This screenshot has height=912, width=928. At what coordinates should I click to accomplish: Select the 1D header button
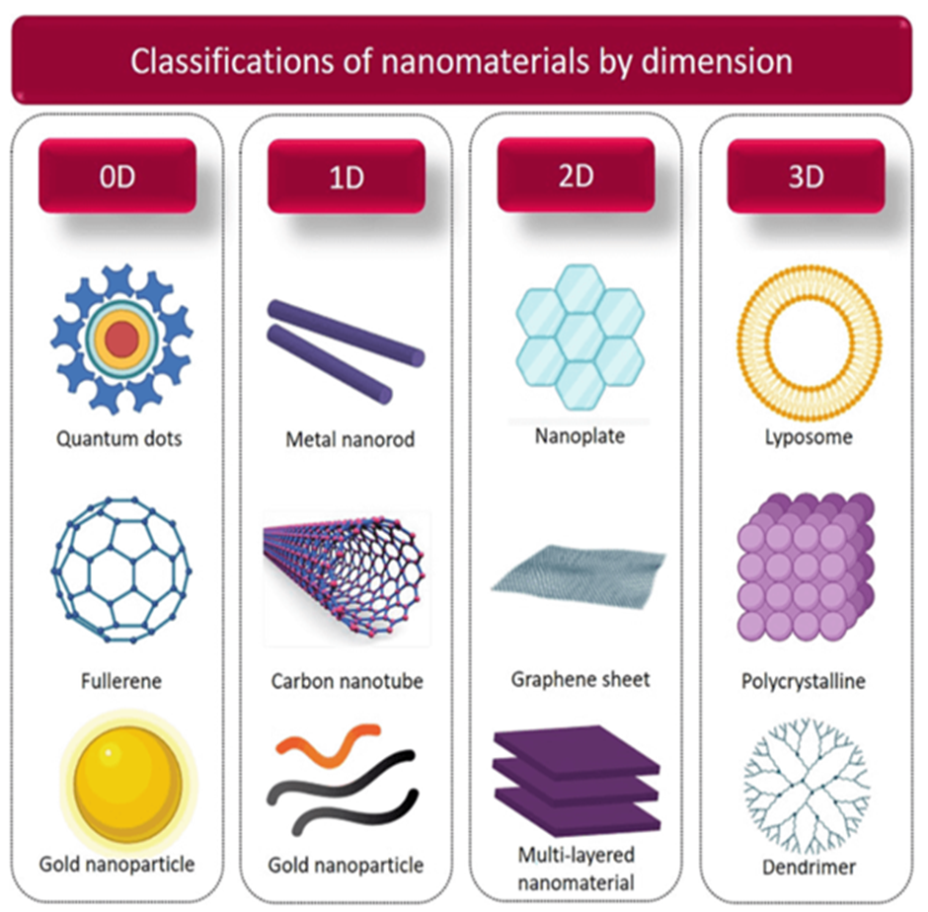(x=347, y=176)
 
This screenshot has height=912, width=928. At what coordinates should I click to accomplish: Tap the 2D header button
(x=576, y=176)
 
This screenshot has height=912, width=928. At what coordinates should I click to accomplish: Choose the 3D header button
(x=806, y=176)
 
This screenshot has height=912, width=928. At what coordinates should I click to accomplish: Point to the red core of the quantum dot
(x=122, y=340)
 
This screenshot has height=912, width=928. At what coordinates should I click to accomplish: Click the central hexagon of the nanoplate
(x=580, y=337)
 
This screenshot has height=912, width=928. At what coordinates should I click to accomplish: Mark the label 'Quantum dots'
(x=118, y=437)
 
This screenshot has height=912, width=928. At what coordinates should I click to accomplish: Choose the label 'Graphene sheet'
(x=580, y=680)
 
